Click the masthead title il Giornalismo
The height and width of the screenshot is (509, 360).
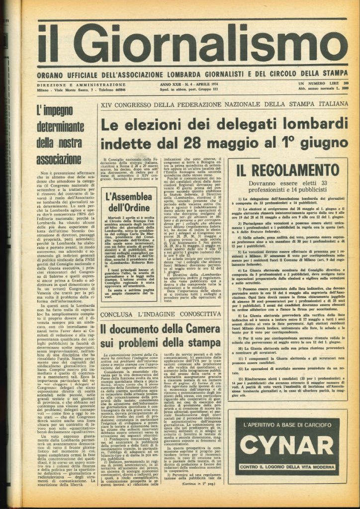pyautogui.click(x=192, y=44)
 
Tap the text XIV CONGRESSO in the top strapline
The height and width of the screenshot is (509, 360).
pyautogui.click(x=123, y=105)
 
